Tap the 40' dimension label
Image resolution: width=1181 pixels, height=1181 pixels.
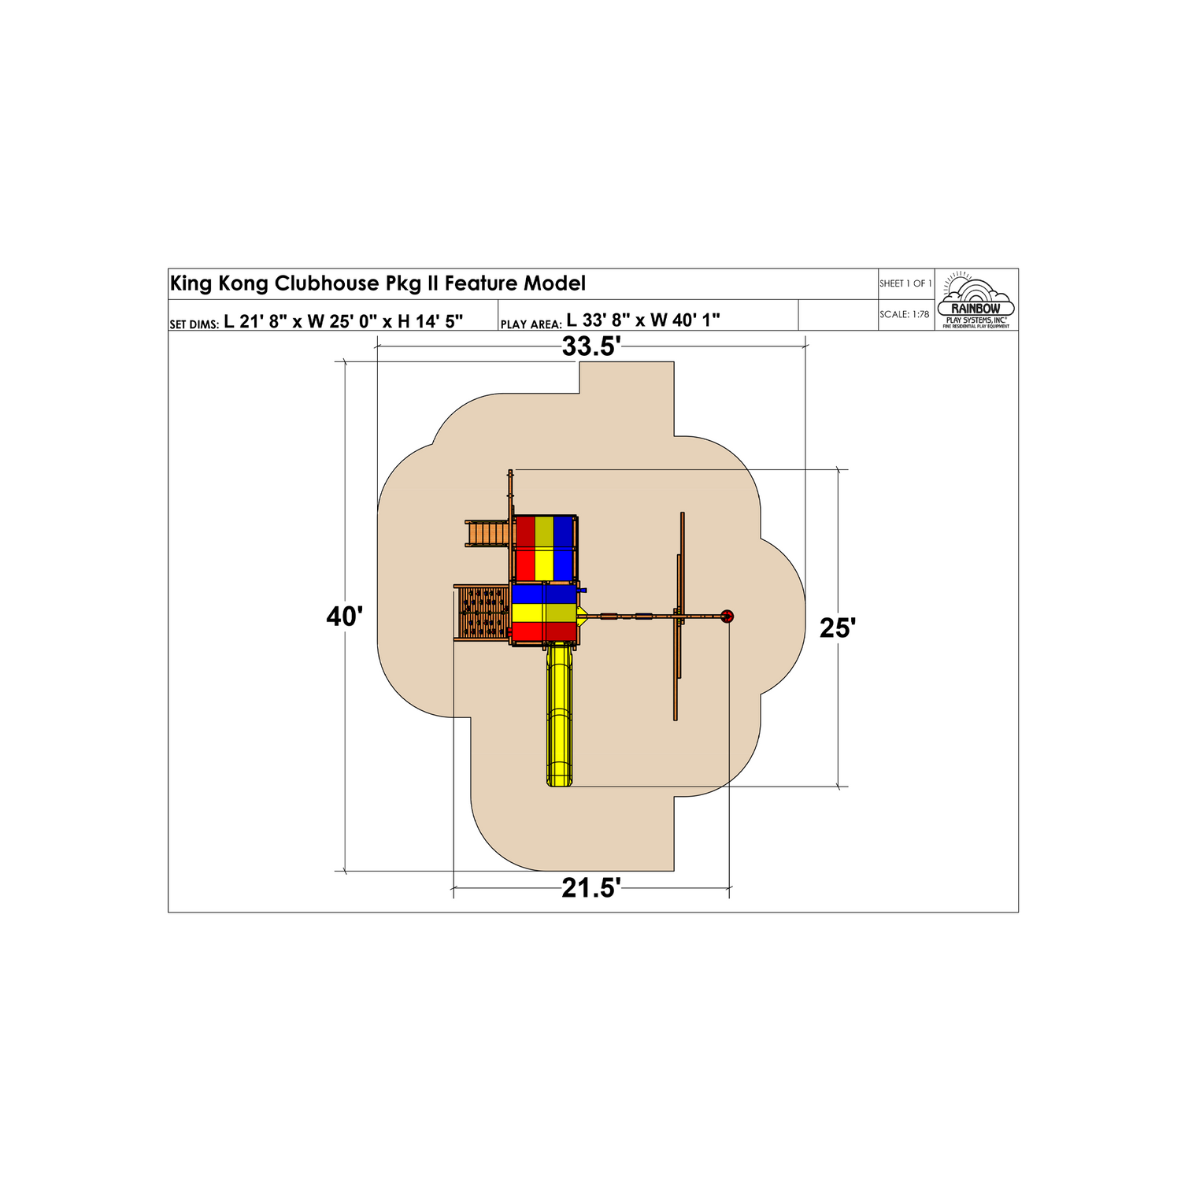tap(344, 616)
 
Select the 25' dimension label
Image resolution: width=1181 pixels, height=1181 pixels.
tap(837, 628)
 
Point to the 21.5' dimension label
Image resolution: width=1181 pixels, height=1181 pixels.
tap(591, 889)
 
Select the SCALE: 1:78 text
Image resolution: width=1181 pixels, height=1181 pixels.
tap(904, 315)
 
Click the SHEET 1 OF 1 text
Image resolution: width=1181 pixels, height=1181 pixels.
tap(905, 283)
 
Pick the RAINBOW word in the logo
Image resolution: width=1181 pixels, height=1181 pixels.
tap(976, 309)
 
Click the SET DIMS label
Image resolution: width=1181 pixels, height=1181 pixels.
tap(194, 324)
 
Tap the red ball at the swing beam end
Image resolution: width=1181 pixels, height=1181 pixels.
tap(727, 616)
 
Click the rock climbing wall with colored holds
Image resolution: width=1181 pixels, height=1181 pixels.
tap(483, 613)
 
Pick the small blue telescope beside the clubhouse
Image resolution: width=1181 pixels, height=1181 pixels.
tap(583, 590)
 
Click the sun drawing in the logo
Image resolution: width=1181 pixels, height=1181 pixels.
tap(957, 279)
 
